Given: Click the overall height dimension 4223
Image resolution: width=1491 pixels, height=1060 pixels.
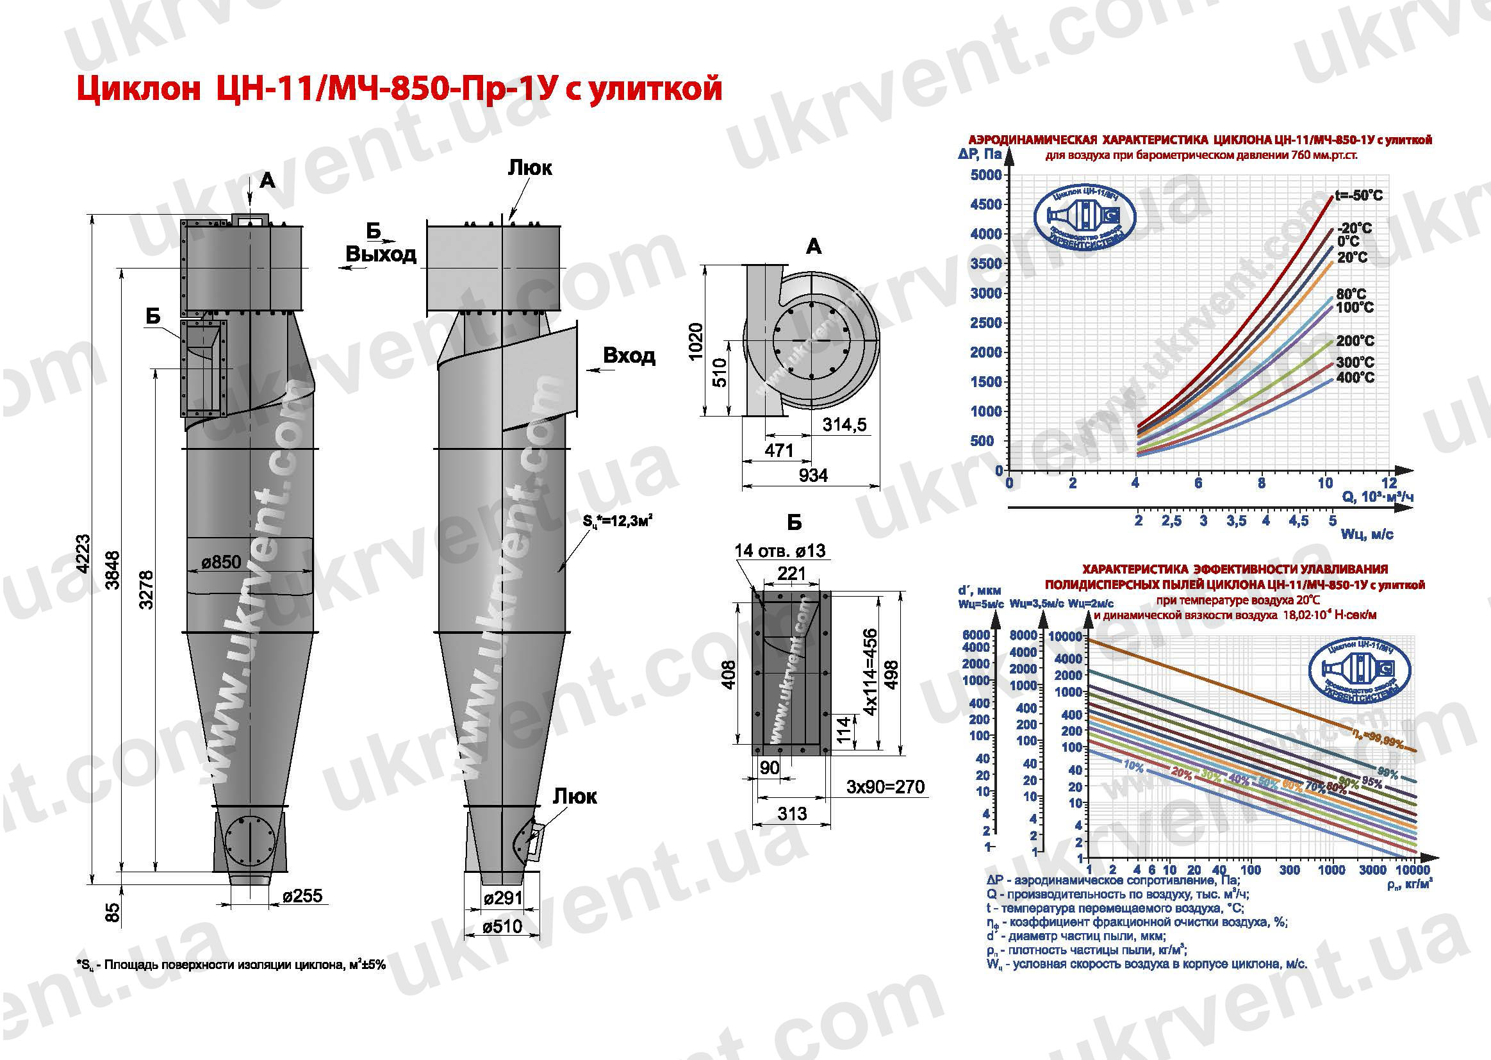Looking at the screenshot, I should point(83,554).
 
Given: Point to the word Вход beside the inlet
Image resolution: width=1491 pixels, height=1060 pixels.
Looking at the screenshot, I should point(629,356).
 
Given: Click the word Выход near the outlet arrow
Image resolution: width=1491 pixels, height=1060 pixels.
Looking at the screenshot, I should point(381,254).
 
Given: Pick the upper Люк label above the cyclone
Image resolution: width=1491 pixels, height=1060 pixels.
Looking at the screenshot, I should point(530,169).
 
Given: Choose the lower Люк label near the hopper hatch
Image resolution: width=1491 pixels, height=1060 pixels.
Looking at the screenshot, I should point(575,797).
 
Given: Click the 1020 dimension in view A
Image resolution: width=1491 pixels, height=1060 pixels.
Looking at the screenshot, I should point(696,341).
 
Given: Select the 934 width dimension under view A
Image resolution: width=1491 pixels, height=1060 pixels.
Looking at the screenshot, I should point(813,475).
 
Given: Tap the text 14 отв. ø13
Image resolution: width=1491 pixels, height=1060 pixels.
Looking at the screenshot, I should point(780,551).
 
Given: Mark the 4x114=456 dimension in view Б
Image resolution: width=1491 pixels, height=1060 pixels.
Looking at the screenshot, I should point(871,672).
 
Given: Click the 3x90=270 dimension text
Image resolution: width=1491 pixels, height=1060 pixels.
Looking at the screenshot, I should point(886,786).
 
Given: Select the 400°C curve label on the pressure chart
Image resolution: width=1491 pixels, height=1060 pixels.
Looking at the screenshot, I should point(1355,378).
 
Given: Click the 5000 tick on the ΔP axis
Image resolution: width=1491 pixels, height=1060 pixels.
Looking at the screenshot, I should point(986,175).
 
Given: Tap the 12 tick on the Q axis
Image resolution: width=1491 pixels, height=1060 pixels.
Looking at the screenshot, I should point(1389,483).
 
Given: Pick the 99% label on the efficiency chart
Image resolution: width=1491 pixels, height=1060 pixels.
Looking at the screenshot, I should point(1388,774).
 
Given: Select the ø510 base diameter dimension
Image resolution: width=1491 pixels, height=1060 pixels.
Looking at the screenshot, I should point(502,926).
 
